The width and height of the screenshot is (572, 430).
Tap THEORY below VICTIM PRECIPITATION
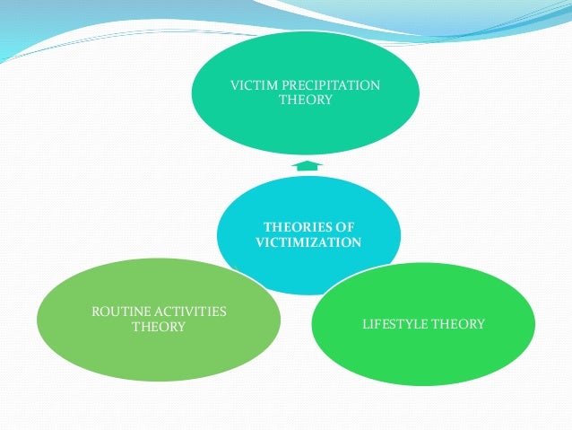[306, 100]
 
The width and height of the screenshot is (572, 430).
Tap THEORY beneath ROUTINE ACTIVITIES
[159, 326]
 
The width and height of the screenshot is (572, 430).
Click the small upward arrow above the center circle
[306, 165]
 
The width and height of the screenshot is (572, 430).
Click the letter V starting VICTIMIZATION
[260, 241]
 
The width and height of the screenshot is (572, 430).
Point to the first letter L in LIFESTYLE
[365, 323]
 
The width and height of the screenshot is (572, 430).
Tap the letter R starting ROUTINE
[96, 312]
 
